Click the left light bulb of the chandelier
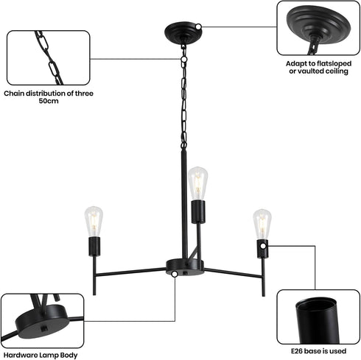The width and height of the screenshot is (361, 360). tap(94, 222)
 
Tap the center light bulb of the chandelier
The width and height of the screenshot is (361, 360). tap(198, 183)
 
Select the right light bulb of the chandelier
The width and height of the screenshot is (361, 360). tap(262, 224)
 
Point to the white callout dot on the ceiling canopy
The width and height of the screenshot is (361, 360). tap(198, 27)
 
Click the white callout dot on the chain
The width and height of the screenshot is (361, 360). tap(183, 59)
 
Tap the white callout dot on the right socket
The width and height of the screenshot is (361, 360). tap(263, 246)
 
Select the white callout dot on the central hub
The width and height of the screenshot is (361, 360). tap(175, 274)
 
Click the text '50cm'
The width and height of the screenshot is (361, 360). tap(49, 101)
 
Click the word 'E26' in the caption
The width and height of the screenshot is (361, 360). tap(297, 351)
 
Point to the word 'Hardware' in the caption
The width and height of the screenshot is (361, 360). tap(21, 355)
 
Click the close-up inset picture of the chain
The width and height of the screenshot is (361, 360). tap(49, 57)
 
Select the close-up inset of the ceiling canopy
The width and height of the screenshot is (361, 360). tap(318, 28)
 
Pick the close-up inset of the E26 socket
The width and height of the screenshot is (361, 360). tap(318, 317)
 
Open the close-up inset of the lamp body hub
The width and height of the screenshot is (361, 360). tap(42, 321)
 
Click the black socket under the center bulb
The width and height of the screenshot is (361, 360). tap(198, 212)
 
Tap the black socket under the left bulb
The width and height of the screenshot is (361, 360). tap(94, 247)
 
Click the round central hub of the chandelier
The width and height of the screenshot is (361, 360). tap(185, 268)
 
